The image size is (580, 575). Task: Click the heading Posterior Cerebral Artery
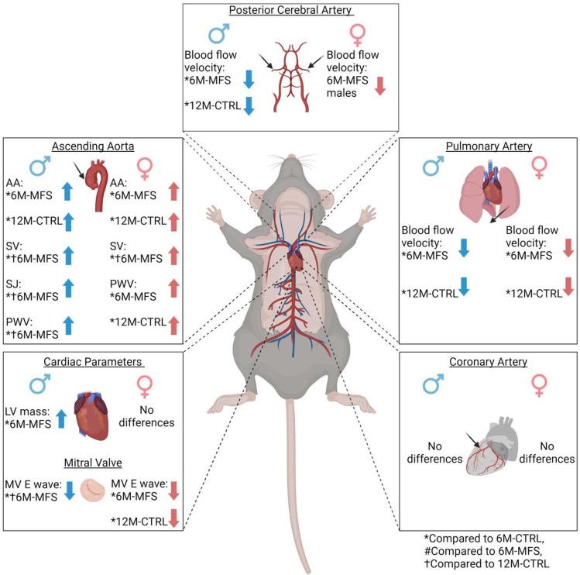[x=291, y=12]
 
